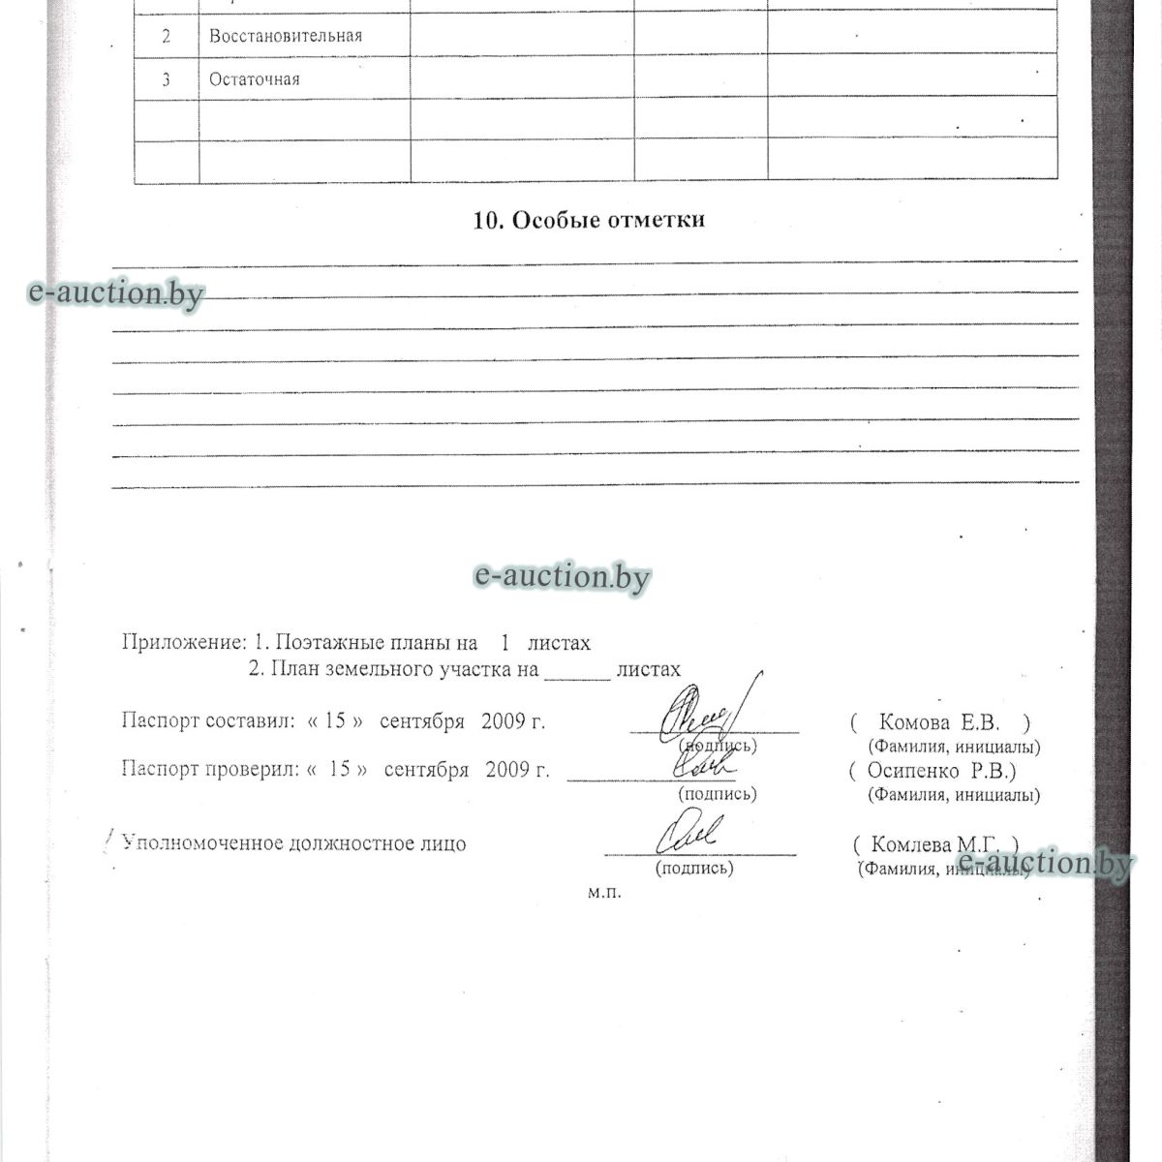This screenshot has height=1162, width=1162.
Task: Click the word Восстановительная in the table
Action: point(286,36)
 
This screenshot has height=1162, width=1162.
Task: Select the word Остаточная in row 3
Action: point(254,79)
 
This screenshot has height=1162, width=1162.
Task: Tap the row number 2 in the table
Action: point(167,37)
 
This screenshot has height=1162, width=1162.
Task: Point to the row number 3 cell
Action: point(167,79)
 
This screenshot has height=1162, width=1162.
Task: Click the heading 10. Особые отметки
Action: point(589,220)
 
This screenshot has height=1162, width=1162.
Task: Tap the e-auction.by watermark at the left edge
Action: point(116,291)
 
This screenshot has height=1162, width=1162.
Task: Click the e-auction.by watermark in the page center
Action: point(562,576)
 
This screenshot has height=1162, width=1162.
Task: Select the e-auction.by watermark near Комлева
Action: point(1044,862)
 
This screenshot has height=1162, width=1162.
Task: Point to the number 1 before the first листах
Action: point(505,642)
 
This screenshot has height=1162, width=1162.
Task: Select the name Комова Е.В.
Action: point(938,722)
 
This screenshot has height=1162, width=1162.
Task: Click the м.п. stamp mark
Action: point(604,893)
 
